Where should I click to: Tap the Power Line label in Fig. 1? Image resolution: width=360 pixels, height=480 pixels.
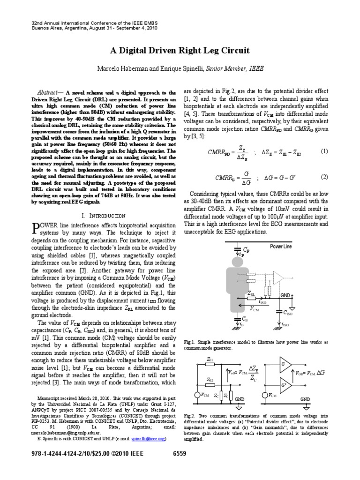[281, 247]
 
